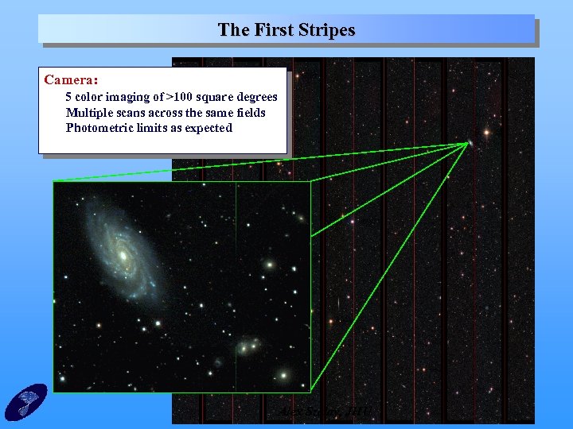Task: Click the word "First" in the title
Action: tap(273, 30)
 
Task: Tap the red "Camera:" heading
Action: tap(72, 80)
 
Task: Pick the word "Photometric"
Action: tap(99, 128)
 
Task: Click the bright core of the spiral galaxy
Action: tap(123, 256)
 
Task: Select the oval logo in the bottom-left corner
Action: tap(26, 401)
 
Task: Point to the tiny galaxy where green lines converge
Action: tap(470, 143)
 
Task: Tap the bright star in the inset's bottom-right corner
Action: tap(283, 373)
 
